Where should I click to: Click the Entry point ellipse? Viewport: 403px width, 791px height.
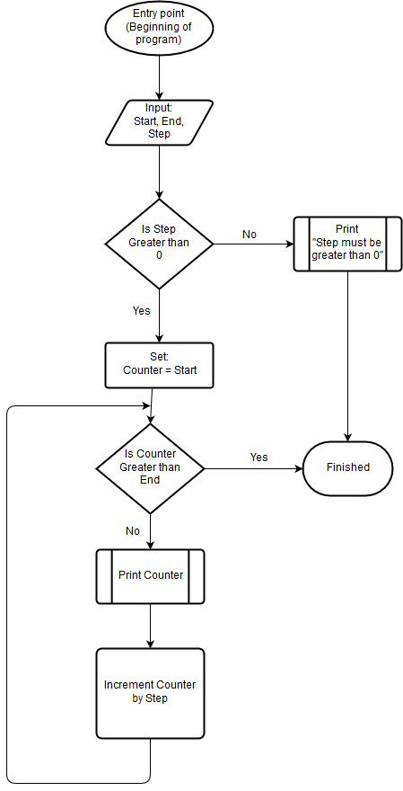point(159,27)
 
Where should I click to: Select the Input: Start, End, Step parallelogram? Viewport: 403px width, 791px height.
point(159,122)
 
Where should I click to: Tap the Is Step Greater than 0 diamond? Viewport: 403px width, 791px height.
point(159,244)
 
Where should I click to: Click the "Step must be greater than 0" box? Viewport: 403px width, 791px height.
point(347,244)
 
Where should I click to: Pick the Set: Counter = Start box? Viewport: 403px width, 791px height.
point(159,365)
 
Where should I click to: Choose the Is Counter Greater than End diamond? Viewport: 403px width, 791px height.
point(150,468)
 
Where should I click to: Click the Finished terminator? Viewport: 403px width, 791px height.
point(347,468)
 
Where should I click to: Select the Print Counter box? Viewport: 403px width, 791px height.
point(150,576)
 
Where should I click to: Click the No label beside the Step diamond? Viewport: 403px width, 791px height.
point(250,235)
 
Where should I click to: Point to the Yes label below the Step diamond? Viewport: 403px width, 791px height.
point(142,311)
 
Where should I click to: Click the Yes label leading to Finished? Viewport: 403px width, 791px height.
point(258,458)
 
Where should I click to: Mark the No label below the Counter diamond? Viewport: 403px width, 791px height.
point(133,531)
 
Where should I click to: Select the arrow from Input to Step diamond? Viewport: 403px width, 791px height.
point(159,172)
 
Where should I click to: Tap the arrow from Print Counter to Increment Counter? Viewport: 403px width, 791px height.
point(150,626)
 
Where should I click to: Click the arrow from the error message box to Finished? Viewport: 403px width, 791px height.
point(347,356)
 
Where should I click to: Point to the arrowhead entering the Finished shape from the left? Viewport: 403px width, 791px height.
point(299,468)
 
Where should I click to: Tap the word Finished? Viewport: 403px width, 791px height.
point(348,467)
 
